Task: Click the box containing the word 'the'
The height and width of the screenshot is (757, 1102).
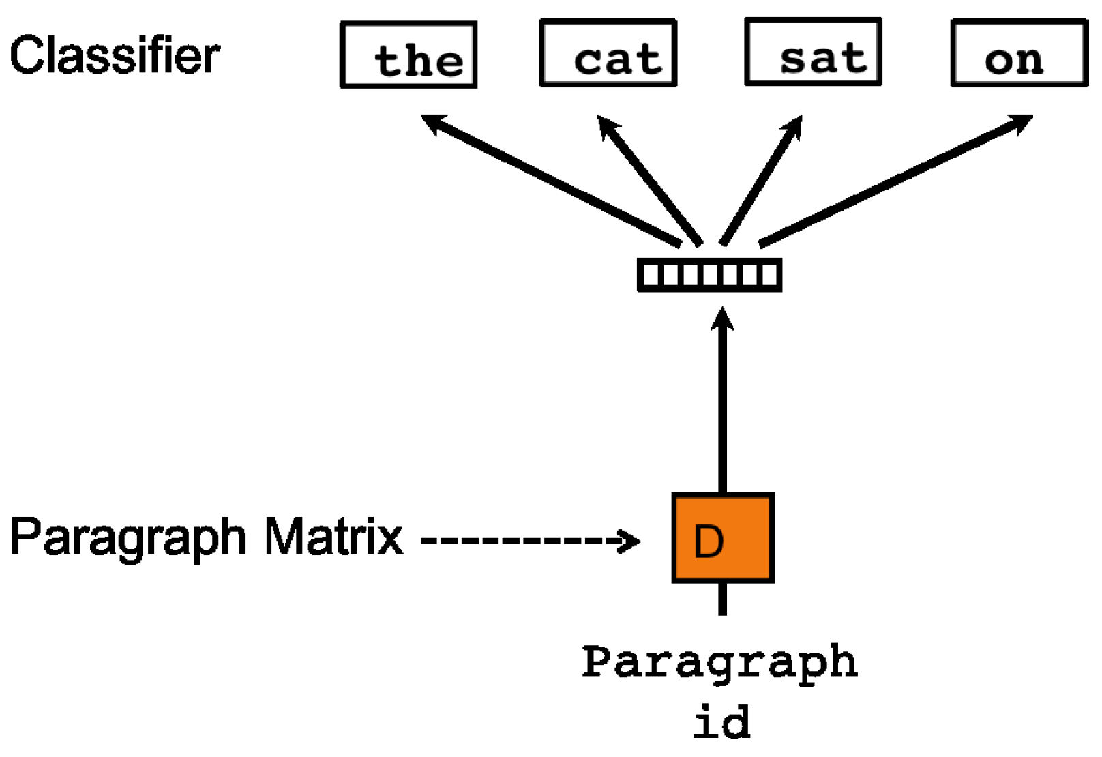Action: click(408, 55)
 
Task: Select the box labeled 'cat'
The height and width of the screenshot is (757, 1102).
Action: click(608, 53)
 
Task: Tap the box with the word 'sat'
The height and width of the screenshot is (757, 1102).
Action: click(813, 52)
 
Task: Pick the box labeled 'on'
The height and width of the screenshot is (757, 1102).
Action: click(1019, 53)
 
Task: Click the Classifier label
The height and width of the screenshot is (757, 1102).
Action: click(115, 56)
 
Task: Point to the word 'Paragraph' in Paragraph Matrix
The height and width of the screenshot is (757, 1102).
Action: click(128, 537)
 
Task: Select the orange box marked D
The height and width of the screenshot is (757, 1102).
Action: click(723, 537)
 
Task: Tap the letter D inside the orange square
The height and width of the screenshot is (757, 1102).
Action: click(709, 542)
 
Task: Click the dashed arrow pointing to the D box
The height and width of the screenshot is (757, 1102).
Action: click(518, 541)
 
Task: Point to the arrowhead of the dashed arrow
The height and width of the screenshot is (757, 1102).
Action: click(631, 541)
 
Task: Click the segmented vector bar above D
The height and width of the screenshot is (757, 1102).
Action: click(709, 275)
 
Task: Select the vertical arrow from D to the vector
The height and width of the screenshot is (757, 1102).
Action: click(723, 402)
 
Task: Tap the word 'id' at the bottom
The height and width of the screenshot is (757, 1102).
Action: click(721, 723)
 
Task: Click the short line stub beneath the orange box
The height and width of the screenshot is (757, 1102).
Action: click(723, 599)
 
